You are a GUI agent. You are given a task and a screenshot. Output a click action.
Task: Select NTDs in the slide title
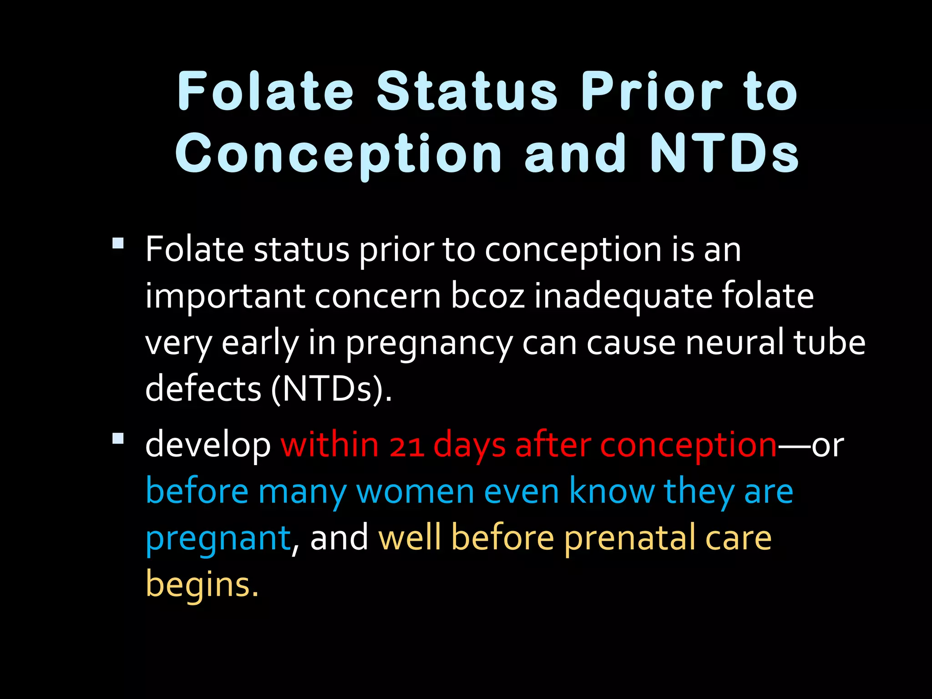[x=724, y=153]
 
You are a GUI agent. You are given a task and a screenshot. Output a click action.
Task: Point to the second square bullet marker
[x=118, y=438]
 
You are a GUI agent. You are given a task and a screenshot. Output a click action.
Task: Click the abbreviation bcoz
[x=487, y=296]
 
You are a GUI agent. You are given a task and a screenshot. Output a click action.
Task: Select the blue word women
[x=415, y=492]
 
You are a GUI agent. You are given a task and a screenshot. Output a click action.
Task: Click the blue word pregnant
[x=218, y=539]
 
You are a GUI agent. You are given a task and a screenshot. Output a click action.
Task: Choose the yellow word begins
[x=202, y=585]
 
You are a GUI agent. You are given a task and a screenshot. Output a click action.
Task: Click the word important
[x=225, y=297]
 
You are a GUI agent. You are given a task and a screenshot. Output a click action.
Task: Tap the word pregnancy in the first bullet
[x=429, y=344]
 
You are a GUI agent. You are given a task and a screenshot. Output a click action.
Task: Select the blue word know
[x=612, y=492]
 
